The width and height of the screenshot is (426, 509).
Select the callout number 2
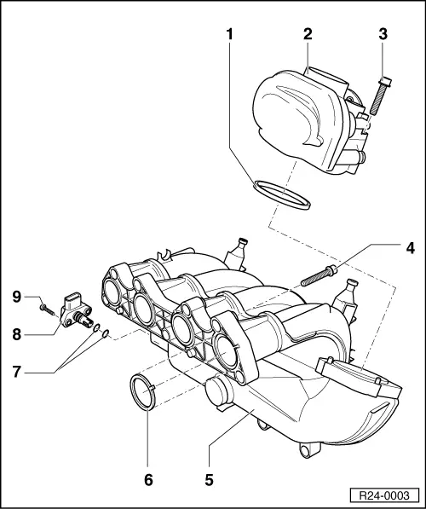coord(308,35)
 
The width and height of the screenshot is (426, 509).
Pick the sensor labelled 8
coord(77,310)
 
